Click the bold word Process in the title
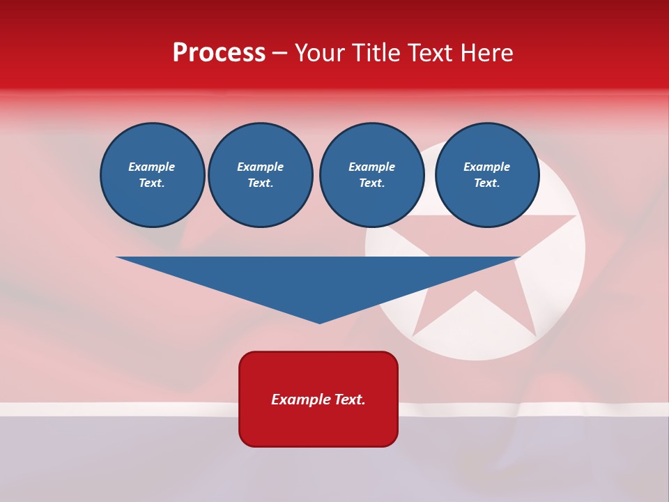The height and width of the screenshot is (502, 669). pos(219,53)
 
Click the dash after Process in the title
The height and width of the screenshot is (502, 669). pos(279,54)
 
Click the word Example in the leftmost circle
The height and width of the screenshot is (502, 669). pos(152,167)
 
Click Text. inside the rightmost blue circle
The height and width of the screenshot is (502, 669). pos(486,183)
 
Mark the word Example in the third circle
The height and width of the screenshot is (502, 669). pos(371,167)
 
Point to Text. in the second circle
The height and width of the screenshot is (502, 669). pos(260,183)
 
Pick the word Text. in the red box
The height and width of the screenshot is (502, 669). pos(350,400)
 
